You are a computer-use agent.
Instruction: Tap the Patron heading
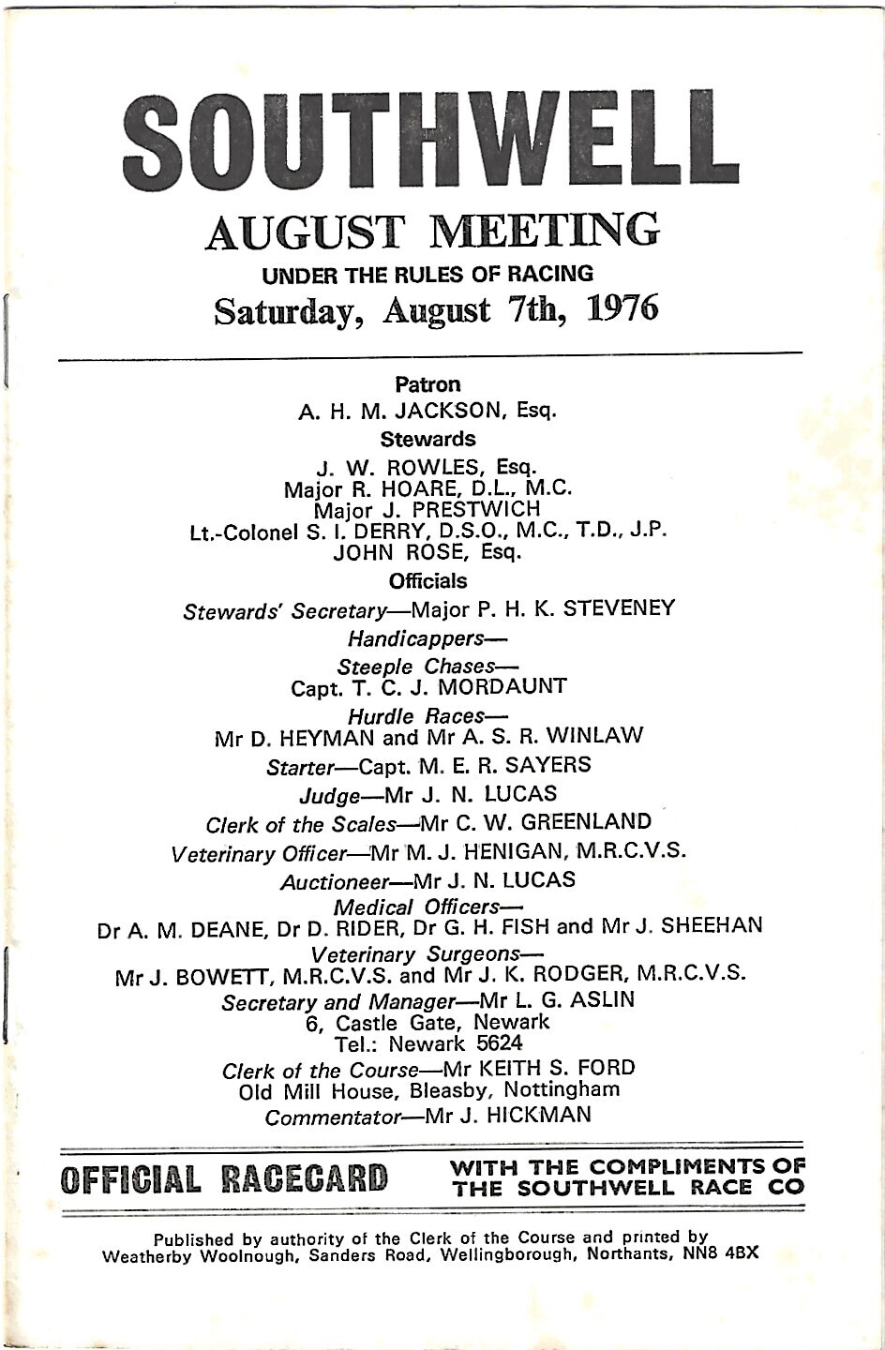[427, 383]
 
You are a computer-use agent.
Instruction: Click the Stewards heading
[427, 439]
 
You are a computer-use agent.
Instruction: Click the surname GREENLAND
[586, 822]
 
